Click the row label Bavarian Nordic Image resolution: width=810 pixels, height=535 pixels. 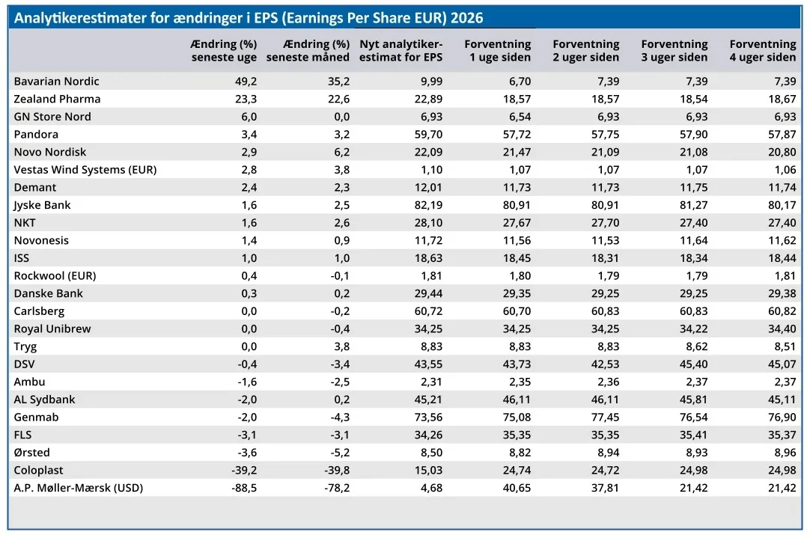point(56,81)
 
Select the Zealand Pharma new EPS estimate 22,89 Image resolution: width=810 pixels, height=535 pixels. point(428,99)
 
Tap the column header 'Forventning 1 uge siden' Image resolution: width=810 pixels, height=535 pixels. point(498,51)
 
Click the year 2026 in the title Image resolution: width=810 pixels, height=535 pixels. point(467,18)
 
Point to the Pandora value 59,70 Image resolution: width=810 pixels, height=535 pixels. point(428,134)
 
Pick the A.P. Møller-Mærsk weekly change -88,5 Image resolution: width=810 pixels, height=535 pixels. point(244,488)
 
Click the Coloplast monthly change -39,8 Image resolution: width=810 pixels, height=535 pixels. point(337,470)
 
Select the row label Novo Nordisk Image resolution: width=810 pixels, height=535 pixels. point(50,152)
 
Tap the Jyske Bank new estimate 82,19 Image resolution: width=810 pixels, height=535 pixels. point(428,205)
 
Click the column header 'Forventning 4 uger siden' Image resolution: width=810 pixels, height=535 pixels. point(763,51)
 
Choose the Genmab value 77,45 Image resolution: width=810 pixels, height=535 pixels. point(605,417)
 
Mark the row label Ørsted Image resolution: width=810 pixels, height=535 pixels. point(32,453)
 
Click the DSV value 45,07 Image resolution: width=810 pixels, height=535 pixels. point(782,364)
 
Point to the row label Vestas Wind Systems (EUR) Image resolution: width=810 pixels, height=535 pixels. point(85,169)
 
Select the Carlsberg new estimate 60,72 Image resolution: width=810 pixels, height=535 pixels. point(428,311)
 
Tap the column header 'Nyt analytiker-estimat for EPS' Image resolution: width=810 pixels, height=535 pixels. point(401,51)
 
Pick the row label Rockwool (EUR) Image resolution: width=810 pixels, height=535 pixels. point(55,276)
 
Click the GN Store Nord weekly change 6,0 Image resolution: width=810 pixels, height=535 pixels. point(249,117)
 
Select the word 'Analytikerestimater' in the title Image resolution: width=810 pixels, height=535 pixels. point(81,18)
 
